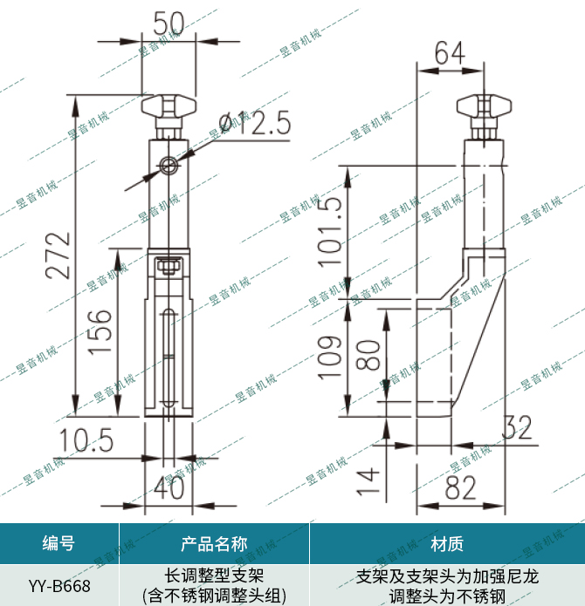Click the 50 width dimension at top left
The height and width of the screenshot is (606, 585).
pos(169,22)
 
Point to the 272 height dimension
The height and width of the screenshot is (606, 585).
pos(58,255)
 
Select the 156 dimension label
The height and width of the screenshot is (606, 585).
pos(100,331)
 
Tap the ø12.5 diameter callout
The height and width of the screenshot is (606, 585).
pos(250,123)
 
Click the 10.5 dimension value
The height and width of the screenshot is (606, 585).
pos(87,440)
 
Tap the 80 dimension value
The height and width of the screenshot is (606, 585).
pos(368,354)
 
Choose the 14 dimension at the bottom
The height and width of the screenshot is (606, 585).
pos(368,478)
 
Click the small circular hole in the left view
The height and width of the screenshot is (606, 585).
pos(169,165)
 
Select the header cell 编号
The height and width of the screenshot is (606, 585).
pos(58,544)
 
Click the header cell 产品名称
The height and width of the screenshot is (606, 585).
pos(214,544)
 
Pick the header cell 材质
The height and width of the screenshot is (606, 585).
pos(447,544)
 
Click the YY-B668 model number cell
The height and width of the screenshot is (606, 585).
pos(58,586)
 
